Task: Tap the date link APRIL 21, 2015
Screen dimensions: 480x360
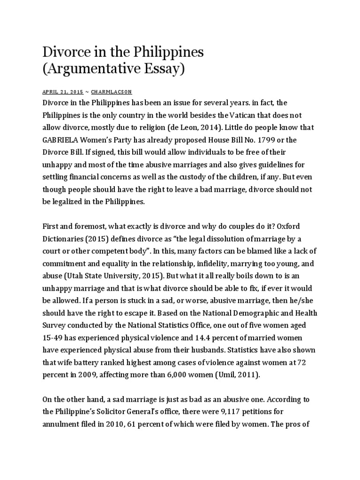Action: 62,92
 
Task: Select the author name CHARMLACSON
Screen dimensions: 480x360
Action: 112,92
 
